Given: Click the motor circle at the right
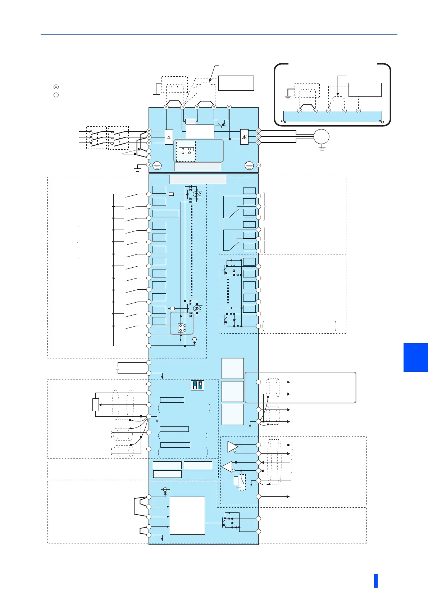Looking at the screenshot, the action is [322, 137].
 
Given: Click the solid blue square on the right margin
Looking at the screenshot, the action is [415, 357].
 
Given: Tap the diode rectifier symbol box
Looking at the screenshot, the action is [169, 137].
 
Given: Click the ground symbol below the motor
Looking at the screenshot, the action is [322, 148].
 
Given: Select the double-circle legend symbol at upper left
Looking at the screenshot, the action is [56, 87].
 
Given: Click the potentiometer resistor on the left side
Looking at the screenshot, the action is [96, 405].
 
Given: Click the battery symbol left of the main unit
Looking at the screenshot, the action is [118, 368].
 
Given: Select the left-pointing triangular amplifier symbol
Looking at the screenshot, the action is [227, 467].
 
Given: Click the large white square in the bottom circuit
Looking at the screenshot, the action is [187, 515].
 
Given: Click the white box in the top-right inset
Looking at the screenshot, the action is [365, 90].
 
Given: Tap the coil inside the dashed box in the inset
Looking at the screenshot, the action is [307, 91].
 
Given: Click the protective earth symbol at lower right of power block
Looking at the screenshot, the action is [249, 166].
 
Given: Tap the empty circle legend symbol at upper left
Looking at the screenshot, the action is [56, 95].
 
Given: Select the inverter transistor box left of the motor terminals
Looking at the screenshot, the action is [244, 137].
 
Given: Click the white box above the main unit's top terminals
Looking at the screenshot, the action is [236, 83].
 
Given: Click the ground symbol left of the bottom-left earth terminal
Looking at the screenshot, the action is [137, 168].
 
